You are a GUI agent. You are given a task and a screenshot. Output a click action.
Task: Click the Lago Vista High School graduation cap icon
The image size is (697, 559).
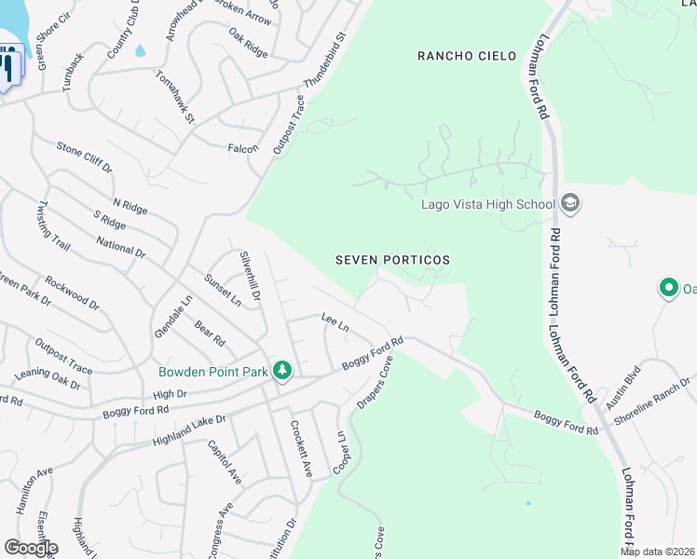[x=570, y=204]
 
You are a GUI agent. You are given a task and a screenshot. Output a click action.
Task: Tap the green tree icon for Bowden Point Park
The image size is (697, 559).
[x=282, y=371]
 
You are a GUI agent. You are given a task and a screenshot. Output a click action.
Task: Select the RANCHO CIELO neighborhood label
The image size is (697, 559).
[x=466, y=56]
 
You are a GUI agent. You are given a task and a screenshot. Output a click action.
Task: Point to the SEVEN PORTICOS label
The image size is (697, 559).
[x=392, y=260]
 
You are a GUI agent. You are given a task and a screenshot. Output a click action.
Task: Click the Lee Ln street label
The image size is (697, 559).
[x=334, y=323]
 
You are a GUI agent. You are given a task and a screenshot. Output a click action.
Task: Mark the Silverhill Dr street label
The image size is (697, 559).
[x=250, y=275]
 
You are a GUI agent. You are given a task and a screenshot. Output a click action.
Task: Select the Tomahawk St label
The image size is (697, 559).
[x=174, y=98]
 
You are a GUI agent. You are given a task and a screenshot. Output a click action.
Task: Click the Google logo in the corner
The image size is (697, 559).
[x=30, y=548]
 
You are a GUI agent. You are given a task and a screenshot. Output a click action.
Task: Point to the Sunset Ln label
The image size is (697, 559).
[x=223, y=289]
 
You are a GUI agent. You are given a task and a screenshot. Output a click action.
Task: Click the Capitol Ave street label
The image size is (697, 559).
[x=225, y=462]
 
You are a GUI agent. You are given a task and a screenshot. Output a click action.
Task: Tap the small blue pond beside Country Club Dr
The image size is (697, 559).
[x=140, y=51]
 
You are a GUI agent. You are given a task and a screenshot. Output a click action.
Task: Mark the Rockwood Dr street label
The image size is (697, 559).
[x=72, y=292]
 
